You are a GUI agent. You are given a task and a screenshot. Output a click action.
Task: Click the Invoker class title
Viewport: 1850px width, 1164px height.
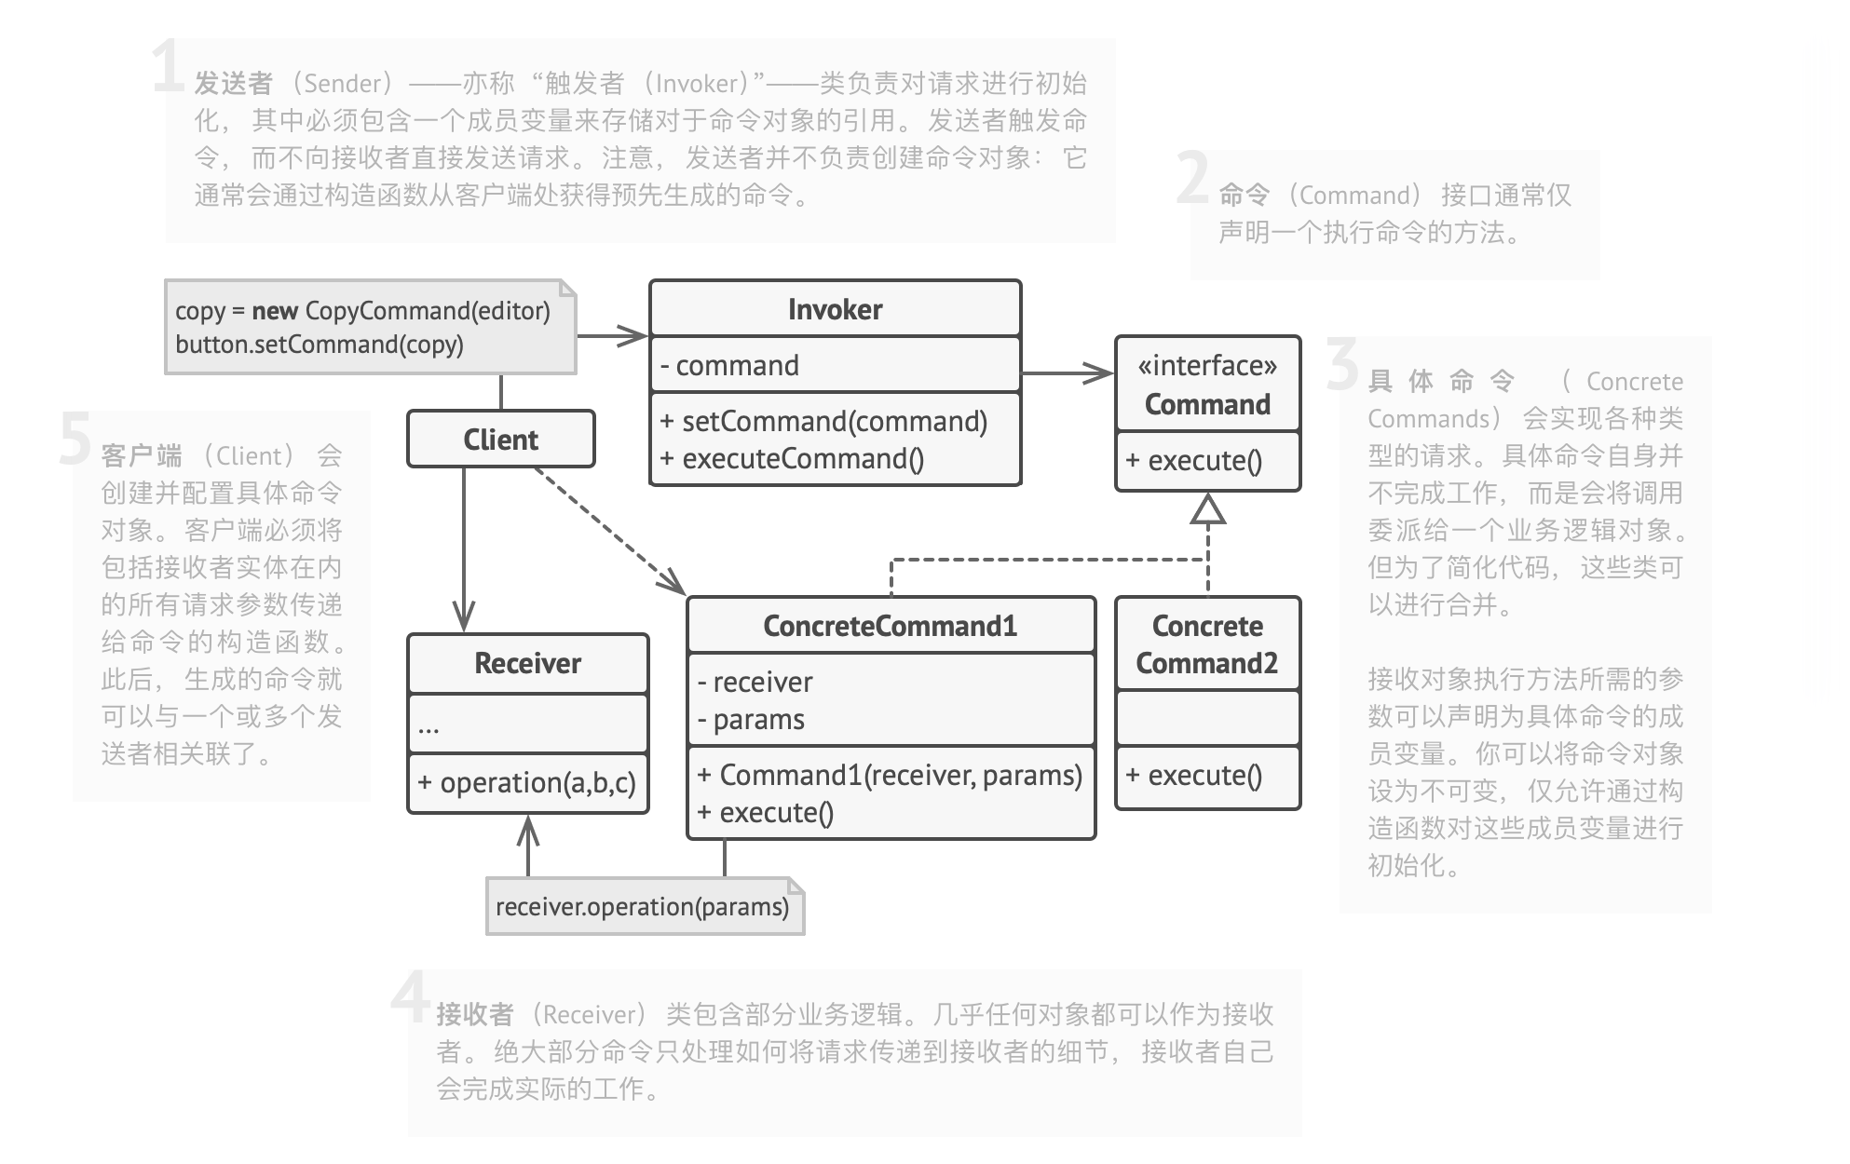pyautogui.click(x=835, y=309)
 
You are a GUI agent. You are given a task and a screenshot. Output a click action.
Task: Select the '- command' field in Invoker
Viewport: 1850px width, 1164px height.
pyautogui.click(x=729, y=365)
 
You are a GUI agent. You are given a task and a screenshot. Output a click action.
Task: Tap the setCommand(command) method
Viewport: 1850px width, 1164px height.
pyautogui.click(x=824, y=421)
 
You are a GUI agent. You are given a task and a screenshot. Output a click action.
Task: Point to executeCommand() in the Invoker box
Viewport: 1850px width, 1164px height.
pyautogui.click(x=793, y=458)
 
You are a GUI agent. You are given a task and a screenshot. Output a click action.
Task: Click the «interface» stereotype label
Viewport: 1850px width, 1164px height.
pyautogui.click(x=1207, y=366)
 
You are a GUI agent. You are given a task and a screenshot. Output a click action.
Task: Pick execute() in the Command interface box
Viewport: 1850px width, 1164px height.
pyautogui.click(x=1195, y=460)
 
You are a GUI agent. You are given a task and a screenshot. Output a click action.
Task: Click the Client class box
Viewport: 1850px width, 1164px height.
pyautogui.click(x=500, y=439)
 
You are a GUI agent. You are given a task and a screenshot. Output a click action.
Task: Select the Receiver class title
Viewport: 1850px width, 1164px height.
pyautogui.click(x=527, y=663)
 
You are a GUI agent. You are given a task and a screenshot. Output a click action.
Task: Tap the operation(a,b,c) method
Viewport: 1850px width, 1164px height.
pyautogui.click(x=527, y=782)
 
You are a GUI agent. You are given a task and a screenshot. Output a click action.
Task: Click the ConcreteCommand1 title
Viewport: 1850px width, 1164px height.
pyautogui.click(x=890, y=626)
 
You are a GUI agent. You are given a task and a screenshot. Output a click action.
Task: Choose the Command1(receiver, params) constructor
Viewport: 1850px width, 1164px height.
pyautogui.click(x=890, y=775)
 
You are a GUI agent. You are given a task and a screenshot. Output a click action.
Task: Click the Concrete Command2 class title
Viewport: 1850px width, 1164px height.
pyautogui.click(x=1207, y=644)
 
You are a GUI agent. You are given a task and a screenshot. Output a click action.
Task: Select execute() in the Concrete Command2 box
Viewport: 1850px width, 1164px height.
pyautogui.click(x=1195, y=775)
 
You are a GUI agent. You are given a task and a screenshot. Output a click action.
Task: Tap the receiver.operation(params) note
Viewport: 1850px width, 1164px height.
pyautogui.click(x=643, y=906)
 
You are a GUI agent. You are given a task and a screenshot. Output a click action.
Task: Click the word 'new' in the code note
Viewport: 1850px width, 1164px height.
pyautogui.click(x=275, y=310)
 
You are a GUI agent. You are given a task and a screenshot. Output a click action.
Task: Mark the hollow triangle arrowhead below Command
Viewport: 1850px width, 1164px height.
pyautogui.click(x=1208, y=508)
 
